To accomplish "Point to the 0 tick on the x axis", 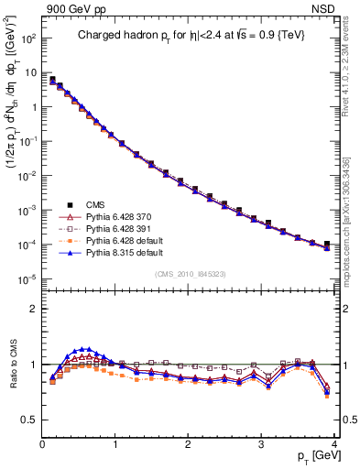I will click(42, 443).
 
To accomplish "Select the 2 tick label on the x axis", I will click(189, 443).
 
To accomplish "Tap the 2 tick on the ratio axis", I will click(35, 309).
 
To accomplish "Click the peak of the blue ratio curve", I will click(86, 348).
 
